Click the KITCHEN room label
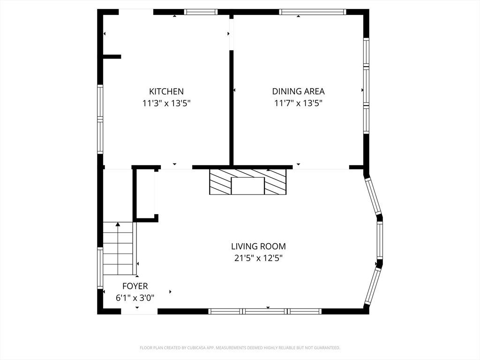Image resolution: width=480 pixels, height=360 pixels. click(x=166, y=91)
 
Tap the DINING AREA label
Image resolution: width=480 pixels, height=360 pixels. click(x=299, y=91)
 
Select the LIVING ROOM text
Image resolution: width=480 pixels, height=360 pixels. click(x=258, y=246)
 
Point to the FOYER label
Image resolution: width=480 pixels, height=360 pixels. click(x=135, y=286)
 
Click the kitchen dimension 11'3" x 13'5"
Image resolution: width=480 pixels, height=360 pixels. click(x=166, y=103)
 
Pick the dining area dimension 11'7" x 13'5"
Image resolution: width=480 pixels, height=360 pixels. click(x=299, y=103)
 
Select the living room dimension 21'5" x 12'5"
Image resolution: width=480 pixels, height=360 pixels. click(x=258, y=258)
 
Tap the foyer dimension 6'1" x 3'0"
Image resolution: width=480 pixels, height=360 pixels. click(x=135, y=298)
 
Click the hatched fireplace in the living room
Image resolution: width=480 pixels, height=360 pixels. click(x=247, y=181)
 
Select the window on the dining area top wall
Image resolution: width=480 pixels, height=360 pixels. click(x=313, y=12)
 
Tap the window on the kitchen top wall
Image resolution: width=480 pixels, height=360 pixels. click(x=201, y=12)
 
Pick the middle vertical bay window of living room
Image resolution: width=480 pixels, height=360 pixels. click(x=380, y=240)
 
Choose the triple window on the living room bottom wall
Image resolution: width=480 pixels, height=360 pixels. click(x=265, y=311)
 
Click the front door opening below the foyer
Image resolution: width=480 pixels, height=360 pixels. click(x=139, y=311)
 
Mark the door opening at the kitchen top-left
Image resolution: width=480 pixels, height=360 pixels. click(x=135, y=12)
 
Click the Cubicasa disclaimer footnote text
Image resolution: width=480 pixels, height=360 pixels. click(x=240, y=348)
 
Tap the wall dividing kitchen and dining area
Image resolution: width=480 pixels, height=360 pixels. click(x=232, y=108)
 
